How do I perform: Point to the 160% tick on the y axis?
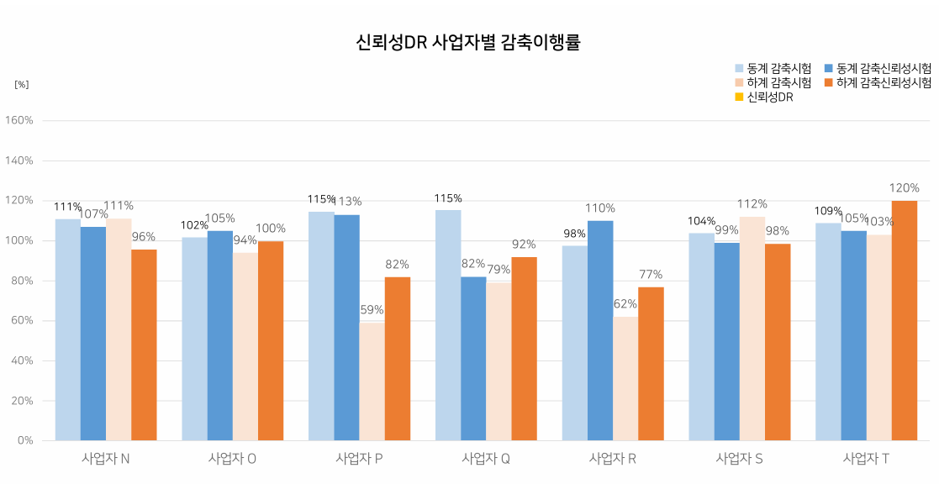click(19, 120)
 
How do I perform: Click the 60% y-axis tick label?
click(22, 321)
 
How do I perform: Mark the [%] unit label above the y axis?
click(22, 84)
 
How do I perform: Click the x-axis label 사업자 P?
click(359, 459)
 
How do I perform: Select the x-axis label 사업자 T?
click(866, 459)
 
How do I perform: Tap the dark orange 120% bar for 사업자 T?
click(904, 319)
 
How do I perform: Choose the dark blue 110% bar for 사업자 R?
click(600, 329)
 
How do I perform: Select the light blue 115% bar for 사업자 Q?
click(448, 324)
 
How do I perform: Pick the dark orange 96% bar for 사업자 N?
click(144, 345)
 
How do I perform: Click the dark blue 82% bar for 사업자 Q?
click(473, 358)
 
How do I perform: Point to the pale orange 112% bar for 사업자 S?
click(752, 328)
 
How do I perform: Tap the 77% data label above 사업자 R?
click(651, 275)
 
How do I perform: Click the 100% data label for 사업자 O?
click(271, 229)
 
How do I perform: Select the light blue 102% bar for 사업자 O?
click(194, 338)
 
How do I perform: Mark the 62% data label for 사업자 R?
click(625, 304)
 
